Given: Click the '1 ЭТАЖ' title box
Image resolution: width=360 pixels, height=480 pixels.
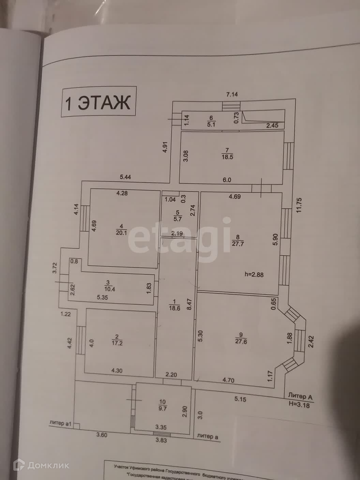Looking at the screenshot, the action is [98, 102].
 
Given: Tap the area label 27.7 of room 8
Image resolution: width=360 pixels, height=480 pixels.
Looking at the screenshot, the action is [238, 244].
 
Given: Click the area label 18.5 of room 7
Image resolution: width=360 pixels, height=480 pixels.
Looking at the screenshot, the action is [227, 157].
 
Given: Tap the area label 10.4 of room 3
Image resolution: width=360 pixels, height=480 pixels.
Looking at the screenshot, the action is [108, 289].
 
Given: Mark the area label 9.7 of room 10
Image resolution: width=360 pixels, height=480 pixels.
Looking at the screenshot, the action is [163, 408].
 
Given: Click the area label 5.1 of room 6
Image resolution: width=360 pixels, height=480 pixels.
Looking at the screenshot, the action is [211, 124].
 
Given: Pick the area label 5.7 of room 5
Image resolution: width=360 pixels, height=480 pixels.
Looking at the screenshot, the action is [177, 219].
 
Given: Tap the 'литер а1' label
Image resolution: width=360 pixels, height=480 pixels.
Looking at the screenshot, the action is [60, 423].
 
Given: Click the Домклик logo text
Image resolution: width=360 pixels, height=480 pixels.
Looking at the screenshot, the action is [48, 465].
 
